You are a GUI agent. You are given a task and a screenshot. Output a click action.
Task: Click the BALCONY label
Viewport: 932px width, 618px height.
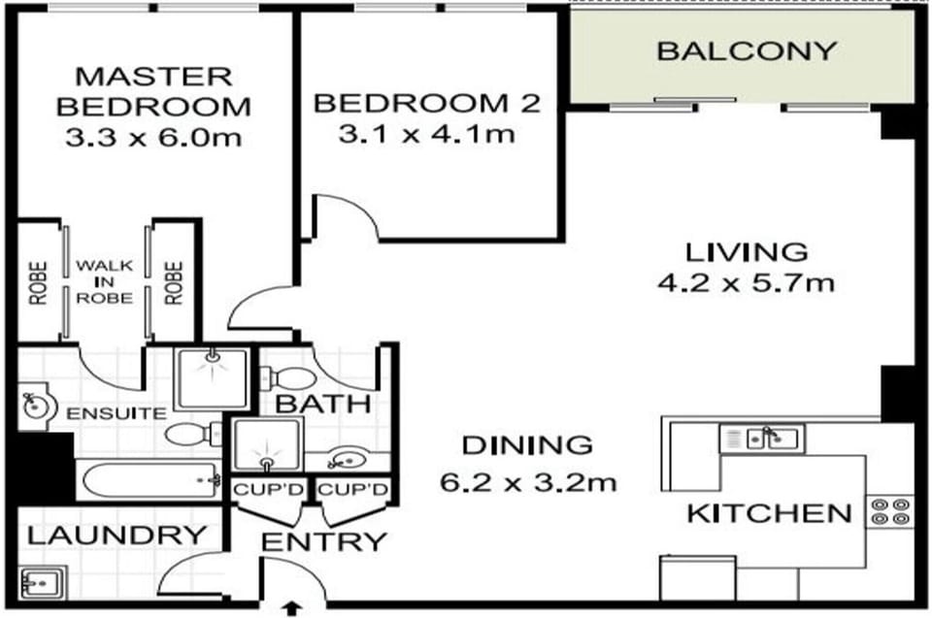747,51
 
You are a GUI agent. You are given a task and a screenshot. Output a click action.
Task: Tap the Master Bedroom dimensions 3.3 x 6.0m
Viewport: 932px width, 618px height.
153,138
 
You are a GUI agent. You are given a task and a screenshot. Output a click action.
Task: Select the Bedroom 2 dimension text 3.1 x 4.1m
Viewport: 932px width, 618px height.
427,134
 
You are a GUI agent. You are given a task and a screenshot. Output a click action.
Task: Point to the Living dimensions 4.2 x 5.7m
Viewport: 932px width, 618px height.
746,282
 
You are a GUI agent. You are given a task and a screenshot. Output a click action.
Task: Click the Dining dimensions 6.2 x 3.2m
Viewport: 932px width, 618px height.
528,482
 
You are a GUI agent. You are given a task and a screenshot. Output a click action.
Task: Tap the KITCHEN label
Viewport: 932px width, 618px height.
769,514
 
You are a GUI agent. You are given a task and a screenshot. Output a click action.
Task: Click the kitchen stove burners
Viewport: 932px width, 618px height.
890,512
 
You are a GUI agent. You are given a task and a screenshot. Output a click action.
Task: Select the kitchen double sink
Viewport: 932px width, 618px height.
762,439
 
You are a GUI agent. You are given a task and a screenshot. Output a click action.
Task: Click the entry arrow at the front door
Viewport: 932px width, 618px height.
292,608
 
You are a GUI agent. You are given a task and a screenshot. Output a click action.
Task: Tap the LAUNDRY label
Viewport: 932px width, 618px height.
117,536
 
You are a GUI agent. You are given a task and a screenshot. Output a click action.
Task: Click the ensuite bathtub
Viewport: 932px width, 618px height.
150,479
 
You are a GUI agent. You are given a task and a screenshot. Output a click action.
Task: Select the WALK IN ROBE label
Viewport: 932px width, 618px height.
105,281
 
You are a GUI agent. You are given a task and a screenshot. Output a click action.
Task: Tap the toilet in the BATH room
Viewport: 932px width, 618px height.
287,378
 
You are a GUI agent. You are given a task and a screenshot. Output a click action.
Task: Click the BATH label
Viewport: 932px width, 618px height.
322,405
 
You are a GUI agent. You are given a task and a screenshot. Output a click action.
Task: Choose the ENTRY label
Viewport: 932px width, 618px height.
324,542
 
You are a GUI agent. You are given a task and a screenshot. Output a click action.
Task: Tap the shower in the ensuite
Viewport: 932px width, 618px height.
211,379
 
